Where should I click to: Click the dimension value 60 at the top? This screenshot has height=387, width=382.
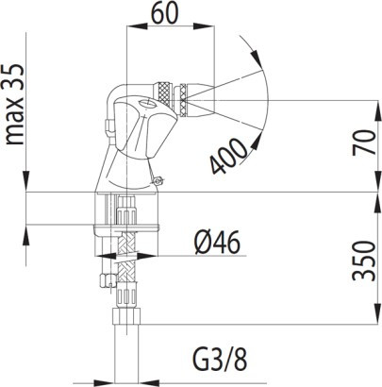pos(165,13)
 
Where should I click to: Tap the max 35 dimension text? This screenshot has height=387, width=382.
pos(14,104)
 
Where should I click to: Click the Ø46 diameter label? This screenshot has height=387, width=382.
pos(217,243)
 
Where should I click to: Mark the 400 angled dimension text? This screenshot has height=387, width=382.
pos(228,156)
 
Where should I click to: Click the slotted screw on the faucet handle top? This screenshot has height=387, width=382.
pos(145,103)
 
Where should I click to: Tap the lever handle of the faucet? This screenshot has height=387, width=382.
pos(144,125)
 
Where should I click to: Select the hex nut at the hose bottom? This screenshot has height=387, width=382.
pos(126,316)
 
